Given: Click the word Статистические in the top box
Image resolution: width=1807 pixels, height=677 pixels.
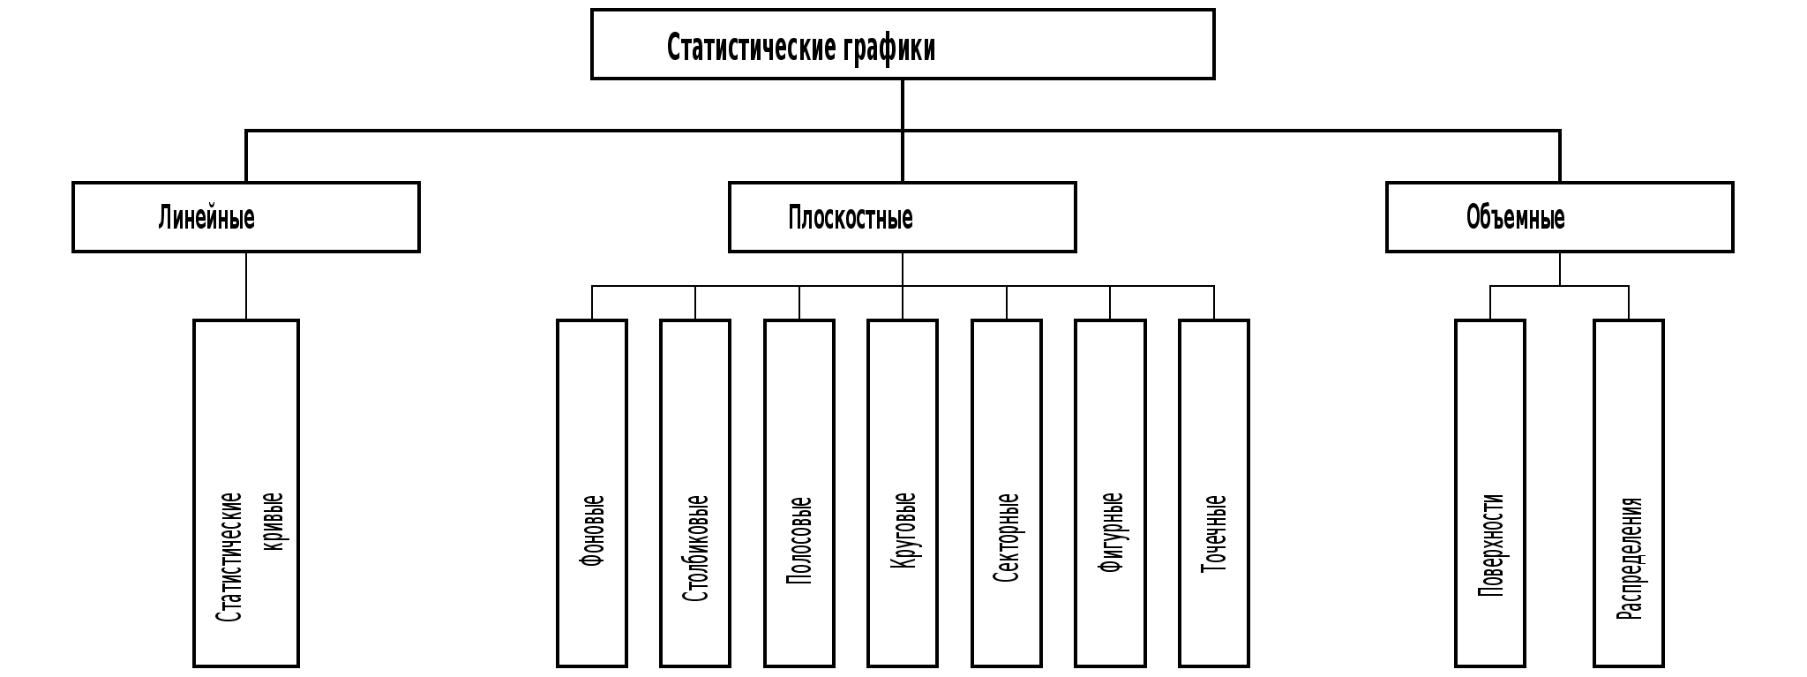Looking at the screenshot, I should point(751,48).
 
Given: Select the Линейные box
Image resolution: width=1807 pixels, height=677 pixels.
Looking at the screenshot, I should point(246,217).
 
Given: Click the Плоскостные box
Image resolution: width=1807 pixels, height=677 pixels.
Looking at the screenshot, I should point(902,217).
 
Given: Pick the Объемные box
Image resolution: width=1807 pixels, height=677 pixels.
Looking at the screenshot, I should point(1559,217).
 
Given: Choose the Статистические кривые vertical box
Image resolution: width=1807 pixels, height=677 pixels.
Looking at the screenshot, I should point(246,493).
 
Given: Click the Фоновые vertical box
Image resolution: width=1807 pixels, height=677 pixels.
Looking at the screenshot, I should point(592,493).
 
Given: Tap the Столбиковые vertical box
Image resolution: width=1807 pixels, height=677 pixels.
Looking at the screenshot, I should point(695,493).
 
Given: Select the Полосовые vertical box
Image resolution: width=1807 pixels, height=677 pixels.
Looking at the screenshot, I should point(799,493).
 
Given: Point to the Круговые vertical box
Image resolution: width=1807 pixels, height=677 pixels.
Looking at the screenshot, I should point(903,493).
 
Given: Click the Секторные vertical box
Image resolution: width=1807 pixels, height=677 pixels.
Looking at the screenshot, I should point(1007,493).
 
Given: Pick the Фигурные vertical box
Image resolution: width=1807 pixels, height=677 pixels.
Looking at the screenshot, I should point(1110,493).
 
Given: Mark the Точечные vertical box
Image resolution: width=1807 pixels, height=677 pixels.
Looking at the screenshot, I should point(1214,493).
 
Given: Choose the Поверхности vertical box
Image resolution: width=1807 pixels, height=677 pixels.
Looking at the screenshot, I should point(1490,493).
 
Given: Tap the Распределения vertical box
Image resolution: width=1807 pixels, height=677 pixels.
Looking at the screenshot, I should point(1629,493).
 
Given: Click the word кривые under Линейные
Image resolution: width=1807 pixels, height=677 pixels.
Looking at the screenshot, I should point(274,522).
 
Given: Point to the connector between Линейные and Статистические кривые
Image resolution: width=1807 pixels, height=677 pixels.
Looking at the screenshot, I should point(246,286).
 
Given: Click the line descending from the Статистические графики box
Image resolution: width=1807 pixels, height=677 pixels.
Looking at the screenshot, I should point(903,105).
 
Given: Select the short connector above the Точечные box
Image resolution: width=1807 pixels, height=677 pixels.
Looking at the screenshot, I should point(1214,303).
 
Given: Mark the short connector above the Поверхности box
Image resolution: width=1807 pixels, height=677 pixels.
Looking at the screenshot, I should point(1490,303).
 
